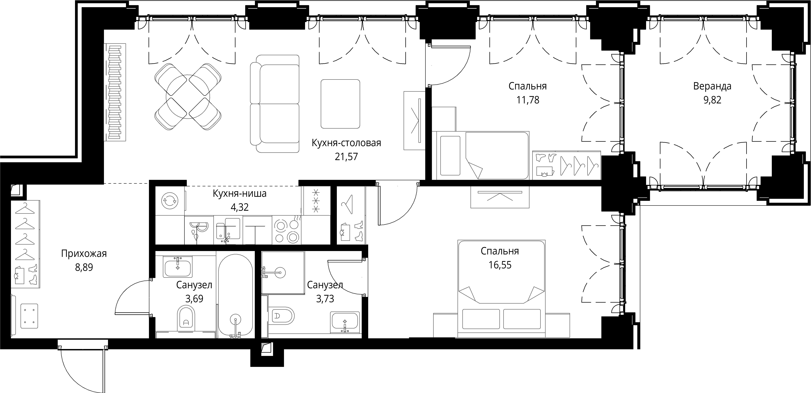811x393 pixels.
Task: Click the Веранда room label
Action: click(x=712, y=86)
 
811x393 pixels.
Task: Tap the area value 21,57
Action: click(x=346, y=157)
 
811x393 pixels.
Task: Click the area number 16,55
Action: click(x=500, y=265)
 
